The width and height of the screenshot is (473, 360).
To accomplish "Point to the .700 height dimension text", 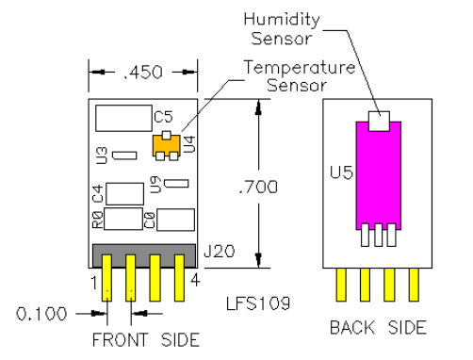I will [256, 188].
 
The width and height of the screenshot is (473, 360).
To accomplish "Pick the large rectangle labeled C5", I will [122, 117].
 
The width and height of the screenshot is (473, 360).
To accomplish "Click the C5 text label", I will [162, 118].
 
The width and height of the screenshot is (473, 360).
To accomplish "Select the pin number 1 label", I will [94, 280].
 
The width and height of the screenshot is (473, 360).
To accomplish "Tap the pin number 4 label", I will [194, 280].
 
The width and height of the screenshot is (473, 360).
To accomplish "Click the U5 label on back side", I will [338, 174].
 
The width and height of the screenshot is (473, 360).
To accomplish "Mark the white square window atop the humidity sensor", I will [378, 119].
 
